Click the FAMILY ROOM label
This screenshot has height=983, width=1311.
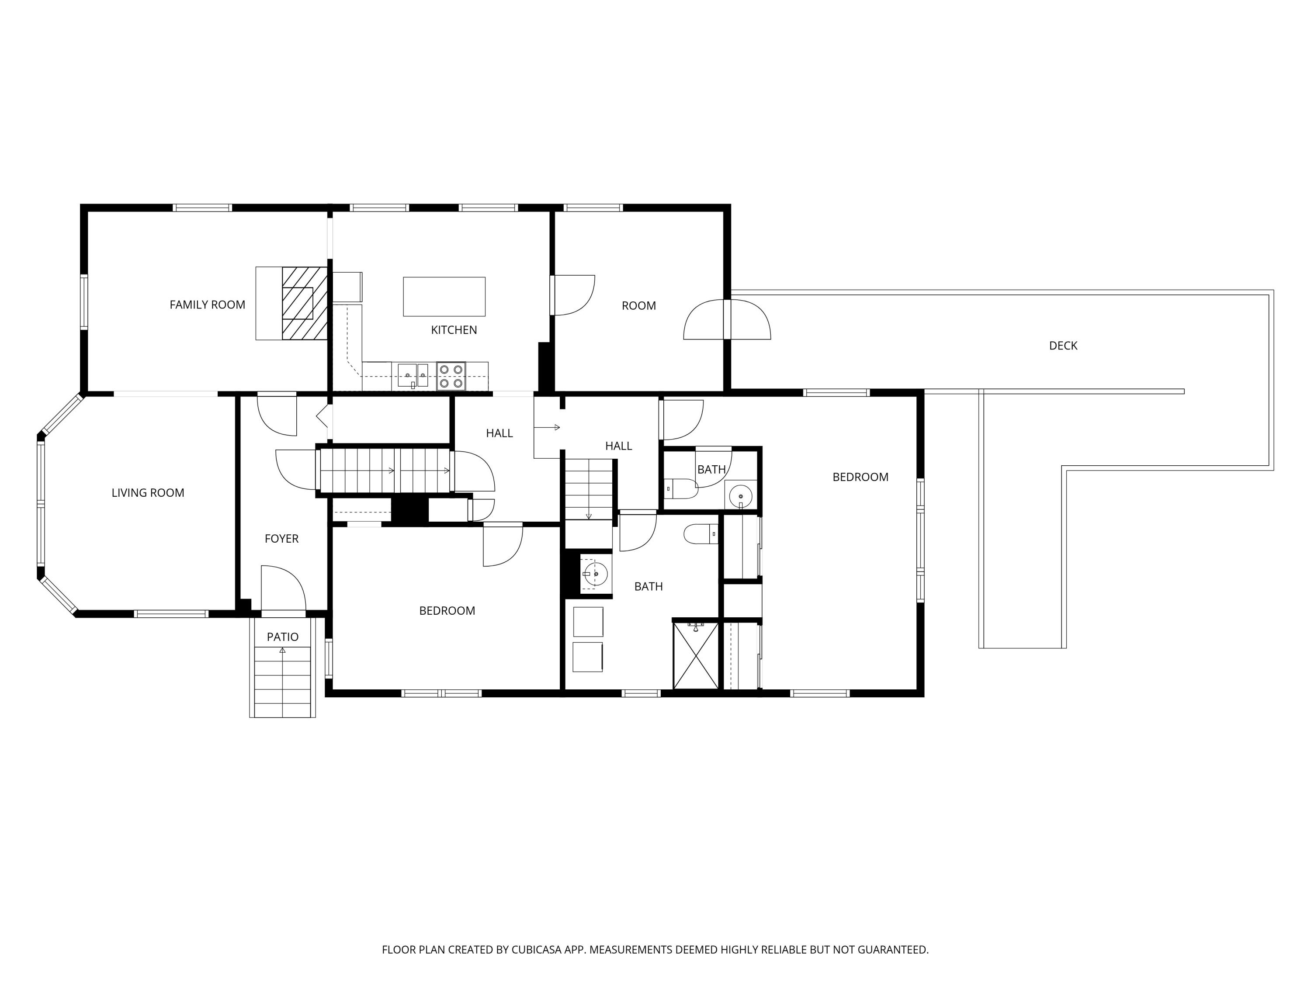click(208, 305)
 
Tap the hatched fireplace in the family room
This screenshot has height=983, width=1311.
click(305, 303)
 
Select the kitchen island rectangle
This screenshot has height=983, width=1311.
click(444, 296)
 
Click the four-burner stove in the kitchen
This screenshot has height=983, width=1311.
click(451, 376)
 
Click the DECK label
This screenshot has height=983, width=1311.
click(1063, 346)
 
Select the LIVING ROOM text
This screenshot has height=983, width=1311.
click(148, 492)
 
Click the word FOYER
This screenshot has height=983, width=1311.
click(281, 539)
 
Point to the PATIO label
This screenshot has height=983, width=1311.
click(282, 637)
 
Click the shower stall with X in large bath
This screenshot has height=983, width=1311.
click(696, 655)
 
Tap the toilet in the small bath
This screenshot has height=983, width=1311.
click(680, 489)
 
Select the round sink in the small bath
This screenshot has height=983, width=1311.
click(740, 495)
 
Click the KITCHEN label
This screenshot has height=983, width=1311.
click(454, 330)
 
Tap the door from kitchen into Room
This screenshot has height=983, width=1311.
click(572, 295)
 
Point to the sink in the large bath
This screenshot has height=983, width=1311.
click(593, 574)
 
